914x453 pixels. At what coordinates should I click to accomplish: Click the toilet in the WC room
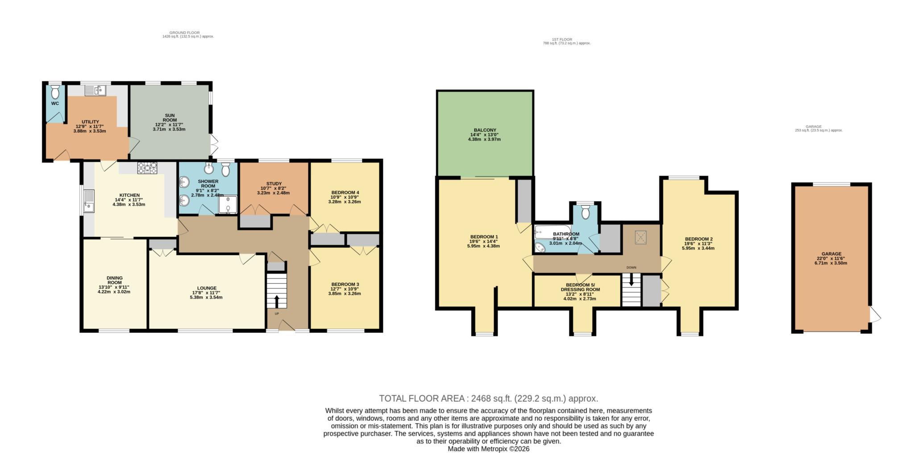click(x=55, y=92)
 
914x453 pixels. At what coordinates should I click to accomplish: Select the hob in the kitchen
click(x=148, y=168)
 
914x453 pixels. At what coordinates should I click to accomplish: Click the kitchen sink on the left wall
click(x=89, y=201)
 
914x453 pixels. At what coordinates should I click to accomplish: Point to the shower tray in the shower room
click(x=228, y=205)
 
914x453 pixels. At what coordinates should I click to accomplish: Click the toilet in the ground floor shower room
click(x=225, y=169)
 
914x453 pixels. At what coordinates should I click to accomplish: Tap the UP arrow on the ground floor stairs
click(x=277, y=301)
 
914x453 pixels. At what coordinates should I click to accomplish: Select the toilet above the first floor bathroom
click(x=586, y=212)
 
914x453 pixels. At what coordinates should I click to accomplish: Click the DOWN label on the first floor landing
click(x=631, y=268)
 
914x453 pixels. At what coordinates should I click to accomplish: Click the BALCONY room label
click(x=484, y=134)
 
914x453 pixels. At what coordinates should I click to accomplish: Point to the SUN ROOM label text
click(x=170, y=117)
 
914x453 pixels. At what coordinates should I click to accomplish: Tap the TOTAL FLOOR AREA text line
click(x=489, y=398)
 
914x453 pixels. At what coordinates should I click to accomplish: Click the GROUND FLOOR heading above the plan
click(x=185, y=33)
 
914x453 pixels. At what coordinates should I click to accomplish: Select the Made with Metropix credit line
click(x=489, y=449)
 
